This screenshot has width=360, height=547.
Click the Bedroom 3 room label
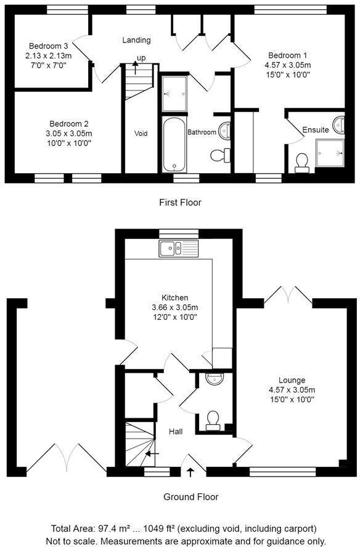[x=49, y=46]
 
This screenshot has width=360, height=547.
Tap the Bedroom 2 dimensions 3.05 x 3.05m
[x=69, y=133]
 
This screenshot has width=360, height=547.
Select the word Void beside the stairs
[x=141, y=133]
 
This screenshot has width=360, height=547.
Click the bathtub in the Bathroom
[x=174, y=144]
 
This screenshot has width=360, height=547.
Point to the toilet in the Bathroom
[x=221, y=155]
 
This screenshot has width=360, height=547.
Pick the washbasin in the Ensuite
[x=338, y=125]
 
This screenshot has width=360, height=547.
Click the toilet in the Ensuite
[x=301, y=163]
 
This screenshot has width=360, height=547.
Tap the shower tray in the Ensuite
[x=330, y=153]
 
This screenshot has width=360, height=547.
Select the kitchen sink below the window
[x=178, y=248]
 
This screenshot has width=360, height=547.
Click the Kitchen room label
[x=175, y=298]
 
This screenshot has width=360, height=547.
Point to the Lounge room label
[x=292, y=380]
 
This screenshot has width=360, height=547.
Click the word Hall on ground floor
[x=176, y=432]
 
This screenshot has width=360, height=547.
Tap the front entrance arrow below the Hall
[x=190, y=472]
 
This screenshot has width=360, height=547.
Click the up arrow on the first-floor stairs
[x=135, y=68]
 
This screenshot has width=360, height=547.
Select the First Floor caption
[x=180, y=202]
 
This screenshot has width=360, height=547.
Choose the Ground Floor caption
[x=191, y=496]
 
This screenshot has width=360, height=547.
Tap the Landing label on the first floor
[x=136, y=40]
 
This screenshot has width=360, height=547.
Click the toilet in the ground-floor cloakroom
[x=213, y=420]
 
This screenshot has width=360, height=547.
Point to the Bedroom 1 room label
[x=288, y=55]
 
